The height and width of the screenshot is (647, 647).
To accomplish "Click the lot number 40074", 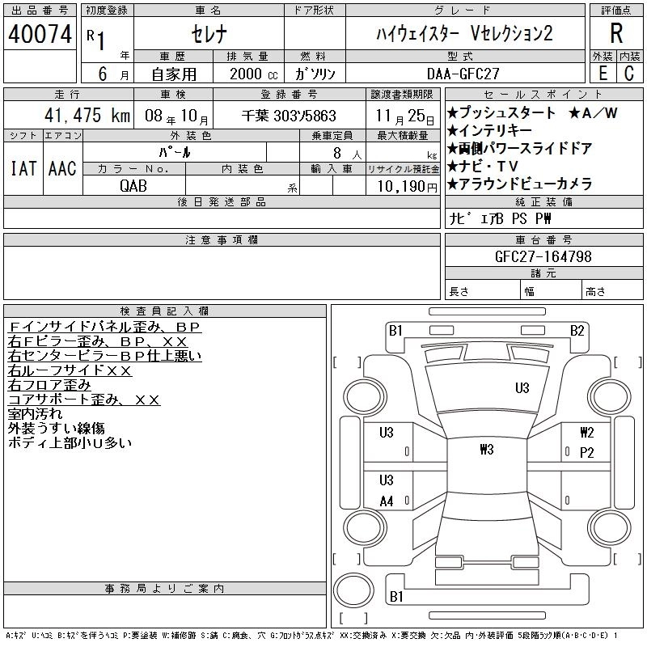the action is click(x=40, y=35).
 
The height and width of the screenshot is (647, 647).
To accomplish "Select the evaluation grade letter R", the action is click(x=616, y=34).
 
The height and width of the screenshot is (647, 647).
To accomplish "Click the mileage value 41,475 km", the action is click(x=82, y=116).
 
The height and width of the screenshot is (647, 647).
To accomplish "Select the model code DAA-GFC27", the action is click(x=463, y=74).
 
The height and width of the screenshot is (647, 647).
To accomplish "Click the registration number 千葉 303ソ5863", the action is click(x=289, y=116).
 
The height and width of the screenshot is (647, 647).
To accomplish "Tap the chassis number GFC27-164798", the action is click(x=543, y=257).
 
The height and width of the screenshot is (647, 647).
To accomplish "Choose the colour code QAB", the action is click(x=133, y=185).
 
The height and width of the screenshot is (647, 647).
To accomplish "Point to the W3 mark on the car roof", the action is click(x=485, y=450).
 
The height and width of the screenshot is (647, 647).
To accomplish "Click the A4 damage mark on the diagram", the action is click(x=387, y=501).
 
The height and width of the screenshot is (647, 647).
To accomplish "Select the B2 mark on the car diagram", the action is click(x=577, y=330).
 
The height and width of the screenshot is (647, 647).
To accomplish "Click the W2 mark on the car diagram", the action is click(x=587, y=433).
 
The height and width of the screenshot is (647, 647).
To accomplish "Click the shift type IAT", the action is click(x=22, y=168).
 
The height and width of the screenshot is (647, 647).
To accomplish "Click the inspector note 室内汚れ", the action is click(x=35, y=414).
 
